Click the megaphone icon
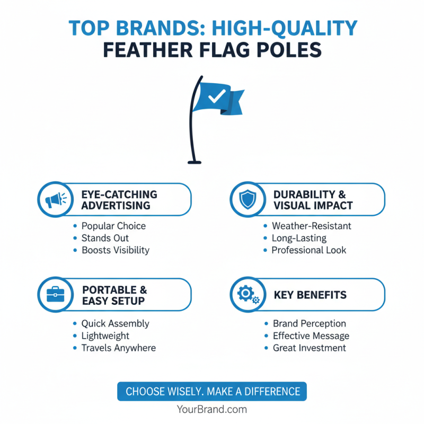tap(56, 200)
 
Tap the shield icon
tap(247, 200)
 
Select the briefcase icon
tap(56, 294)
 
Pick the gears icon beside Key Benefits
tap(248, 294)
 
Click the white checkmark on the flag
tap(217, 97)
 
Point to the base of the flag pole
tap(194, 162)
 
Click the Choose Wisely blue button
tap(212, 392)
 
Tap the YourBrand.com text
tap(212, 409)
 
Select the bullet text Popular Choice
tap(113, 226)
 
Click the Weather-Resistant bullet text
tap(311, 226)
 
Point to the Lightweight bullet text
tap(105, 335)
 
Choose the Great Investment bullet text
tap(309, 348)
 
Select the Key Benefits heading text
tap(310, 295)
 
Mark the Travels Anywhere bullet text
tap(118, 348)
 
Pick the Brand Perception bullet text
tap(309, 323)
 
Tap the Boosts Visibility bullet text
tap(115, 250)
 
